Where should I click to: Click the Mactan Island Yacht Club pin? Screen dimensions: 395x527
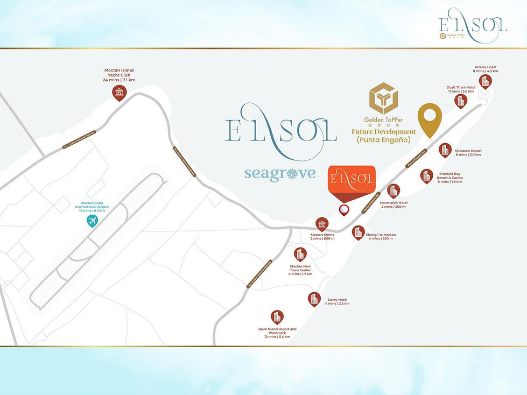pos(119,92)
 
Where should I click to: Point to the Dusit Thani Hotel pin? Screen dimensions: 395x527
pos(461,100)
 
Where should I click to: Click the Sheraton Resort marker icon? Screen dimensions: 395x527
pos(445,150)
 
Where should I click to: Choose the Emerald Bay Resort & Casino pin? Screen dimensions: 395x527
pos(426,175)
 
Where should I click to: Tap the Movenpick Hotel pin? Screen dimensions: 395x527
pos(394,191)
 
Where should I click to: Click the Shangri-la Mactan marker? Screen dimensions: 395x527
pos(358,232)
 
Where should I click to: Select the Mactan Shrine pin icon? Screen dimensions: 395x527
pos(322,224)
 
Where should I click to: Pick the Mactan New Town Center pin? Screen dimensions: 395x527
pos(300,255)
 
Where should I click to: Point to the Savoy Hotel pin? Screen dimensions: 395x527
pos(314,299)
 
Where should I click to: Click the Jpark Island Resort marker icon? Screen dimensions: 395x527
pos(277,317)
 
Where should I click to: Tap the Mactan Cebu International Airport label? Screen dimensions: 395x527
pos(91,207)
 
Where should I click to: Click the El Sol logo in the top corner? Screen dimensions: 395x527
pos(473,25)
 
